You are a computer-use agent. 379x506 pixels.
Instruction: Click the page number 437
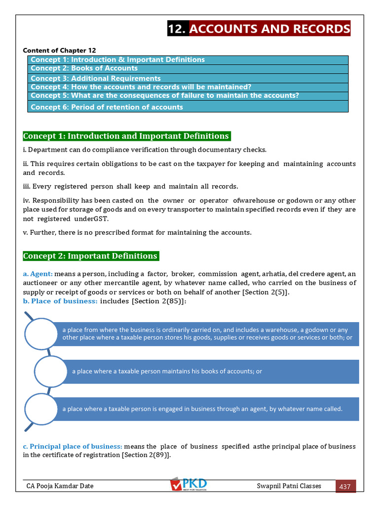click(345, 486)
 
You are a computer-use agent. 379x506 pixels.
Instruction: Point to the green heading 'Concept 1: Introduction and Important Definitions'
click(126, 136)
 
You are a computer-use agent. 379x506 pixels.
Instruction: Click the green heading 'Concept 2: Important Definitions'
click(90, 256)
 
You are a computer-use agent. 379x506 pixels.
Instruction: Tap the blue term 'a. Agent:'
click(38, 274)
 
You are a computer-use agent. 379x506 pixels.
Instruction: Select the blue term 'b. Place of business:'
click(60, 301)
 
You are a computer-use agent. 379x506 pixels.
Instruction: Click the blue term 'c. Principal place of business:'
click(73, 446)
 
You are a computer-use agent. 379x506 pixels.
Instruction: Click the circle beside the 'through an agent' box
click(41, 409)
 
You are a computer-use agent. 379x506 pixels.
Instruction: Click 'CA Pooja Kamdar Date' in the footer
click(60, 486)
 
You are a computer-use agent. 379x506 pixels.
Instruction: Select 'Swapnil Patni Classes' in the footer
click(289, 486)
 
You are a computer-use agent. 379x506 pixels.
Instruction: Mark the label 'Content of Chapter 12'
click(59, 50)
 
